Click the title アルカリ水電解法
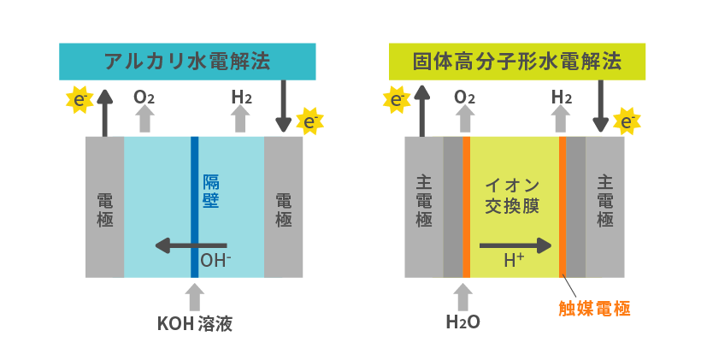pyautogui.click(x=188, y=61)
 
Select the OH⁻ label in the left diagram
pyautogui.click(x=215, y=260)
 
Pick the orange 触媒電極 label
pyautogui.click(x=595, y=309)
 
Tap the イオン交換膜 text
pyautogui.click(x=514, y=196)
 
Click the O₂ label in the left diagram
pyautogui.click(x=144, y=97)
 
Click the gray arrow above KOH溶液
pyautogui.click(x=195, y=296)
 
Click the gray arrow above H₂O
pyautogui.click(x=463, y=296)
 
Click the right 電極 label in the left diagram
pyautogui.click(x=284, y=210)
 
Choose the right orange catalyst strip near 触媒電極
pyautogui.click(x=563, y=205)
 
